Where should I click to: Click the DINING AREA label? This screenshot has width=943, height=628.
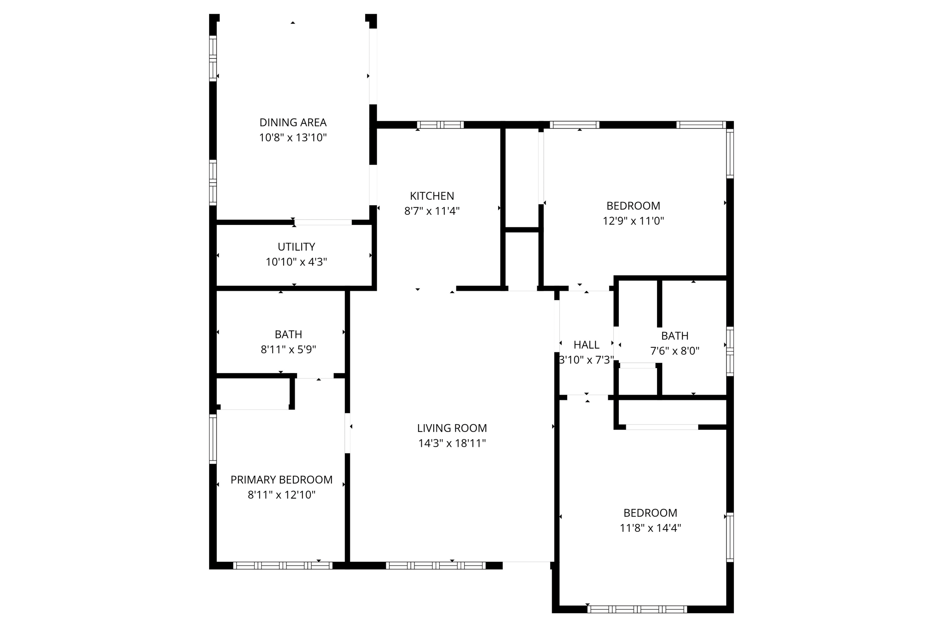(293, 122)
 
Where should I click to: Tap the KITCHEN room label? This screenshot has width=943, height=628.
(432, 196)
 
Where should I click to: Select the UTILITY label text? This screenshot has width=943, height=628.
(296, 247)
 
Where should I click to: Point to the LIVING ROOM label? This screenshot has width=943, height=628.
(452, 428)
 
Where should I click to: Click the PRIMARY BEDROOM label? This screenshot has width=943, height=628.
(281, 480)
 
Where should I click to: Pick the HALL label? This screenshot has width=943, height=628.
(586, 345)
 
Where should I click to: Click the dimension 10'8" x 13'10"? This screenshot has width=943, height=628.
(293, 138)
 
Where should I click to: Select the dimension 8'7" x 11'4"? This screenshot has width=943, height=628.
(432, 211)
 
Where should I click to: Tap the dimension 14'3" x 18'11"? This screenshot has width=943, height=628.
(452, 443)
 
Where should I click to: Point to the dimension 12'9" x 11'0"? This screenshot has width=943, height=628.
(633, 221)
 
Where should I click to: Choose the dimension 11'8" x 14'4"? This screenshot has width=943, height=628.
(650, 528)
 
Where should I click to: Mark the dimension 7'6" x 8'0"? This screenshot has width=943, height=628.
(675, 351)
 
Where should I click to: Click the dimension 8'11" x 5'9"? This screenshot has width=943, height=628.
(288, 350)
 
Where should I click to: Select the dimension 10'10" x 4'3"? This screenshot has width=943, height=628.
(296, 262)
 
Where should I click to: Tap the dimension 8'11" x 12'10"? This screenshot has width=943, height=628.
(281, 495)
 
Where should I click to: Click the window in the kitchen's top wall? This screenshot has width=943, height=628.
(440, 125)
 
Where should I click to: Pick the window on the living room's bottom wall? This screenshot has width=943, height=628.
(436, 565)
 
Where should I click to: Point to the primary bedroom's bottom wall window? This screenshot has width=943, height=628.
(283, 565)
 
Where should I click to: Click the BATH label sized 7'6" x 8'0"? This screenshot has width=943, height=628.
(675, 336)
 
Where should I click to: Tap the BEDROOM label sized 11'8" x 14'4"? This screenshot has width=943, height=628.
(650, 513)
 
